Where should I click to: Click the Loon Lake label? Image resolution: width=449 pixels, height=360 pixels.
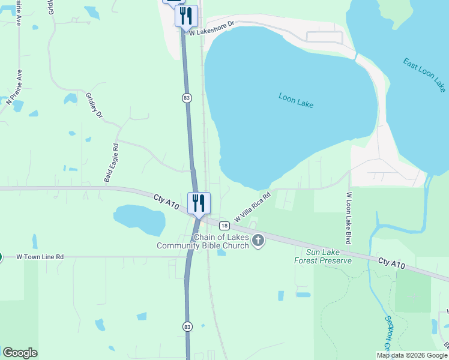click(297, 99)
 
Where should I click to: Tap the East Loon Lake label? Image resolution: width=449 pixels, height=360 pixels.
click(425, 74)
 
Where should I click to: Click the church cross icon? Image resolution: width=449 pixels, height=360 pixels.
click(258, 241)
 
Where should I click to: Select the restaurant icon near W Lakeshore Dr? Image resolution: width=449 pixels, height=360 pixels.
click(186, 16)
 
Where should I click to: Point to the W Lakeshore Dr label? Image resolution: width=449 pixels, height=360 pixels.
click(211, 29)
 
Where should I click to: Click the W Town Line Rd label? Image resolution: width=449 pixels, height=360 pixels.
click(40, 257)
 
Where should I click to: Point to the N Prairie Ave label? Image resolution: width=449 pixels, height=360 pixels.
click(14, 88)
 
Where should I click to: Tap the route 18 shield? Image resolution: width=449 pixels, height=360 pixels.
click(224, 226)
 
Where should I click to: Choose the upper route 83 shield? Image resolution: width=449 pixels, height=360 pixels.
click(187, 97)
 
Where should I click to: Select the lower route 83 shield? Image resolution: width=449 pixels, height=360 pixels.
click(187, 326)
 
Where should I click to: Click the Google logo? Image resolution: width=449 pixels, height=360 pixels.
click(20, 353)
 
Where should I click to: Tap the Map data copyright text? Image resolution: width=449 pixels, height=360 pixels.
click(412, 355)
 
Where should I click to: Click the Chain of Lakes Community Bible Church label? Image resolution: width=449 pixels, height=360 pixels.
click(203, 241)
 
